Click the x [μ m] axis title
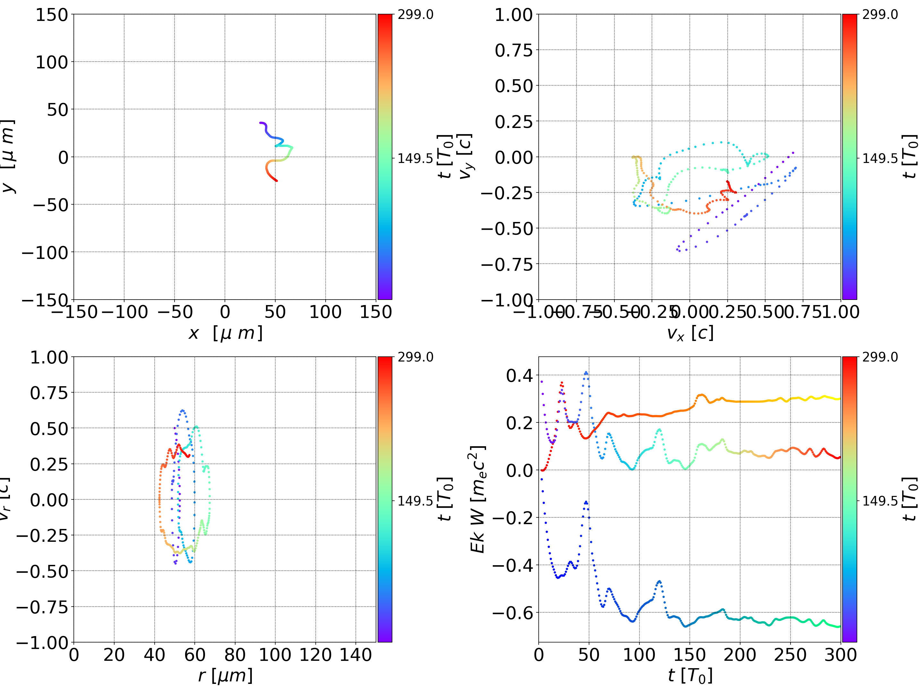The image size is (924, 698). click(226, 333)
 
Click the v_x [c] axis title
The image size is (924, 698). click(690, 333)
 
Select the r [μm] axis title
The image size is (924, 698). click(226, 676)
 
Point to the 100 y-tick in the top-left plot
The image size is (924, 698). click(51, 62)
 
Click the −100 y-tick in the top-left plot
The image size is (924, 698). click(45, 253)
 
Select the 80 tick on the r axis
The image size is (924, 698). click(235, 655)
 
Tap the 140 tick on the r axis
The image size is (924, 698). click(355, 655)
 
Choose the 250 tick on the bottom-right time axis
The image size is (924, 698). click(790, 655)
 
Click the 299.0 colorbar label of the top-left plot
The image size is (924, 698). click(415, 15)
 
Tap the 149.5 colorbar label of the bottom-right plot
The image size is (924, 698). click(880, 500)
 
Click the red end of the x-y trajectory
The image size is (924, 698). click(276, 181)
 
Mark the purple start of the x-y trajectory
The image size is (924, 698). click(260, 123)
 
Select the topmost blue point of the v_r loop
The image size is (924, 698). click(182, 410)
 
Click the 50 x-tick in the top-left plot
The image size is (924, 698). click(275, 312)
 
